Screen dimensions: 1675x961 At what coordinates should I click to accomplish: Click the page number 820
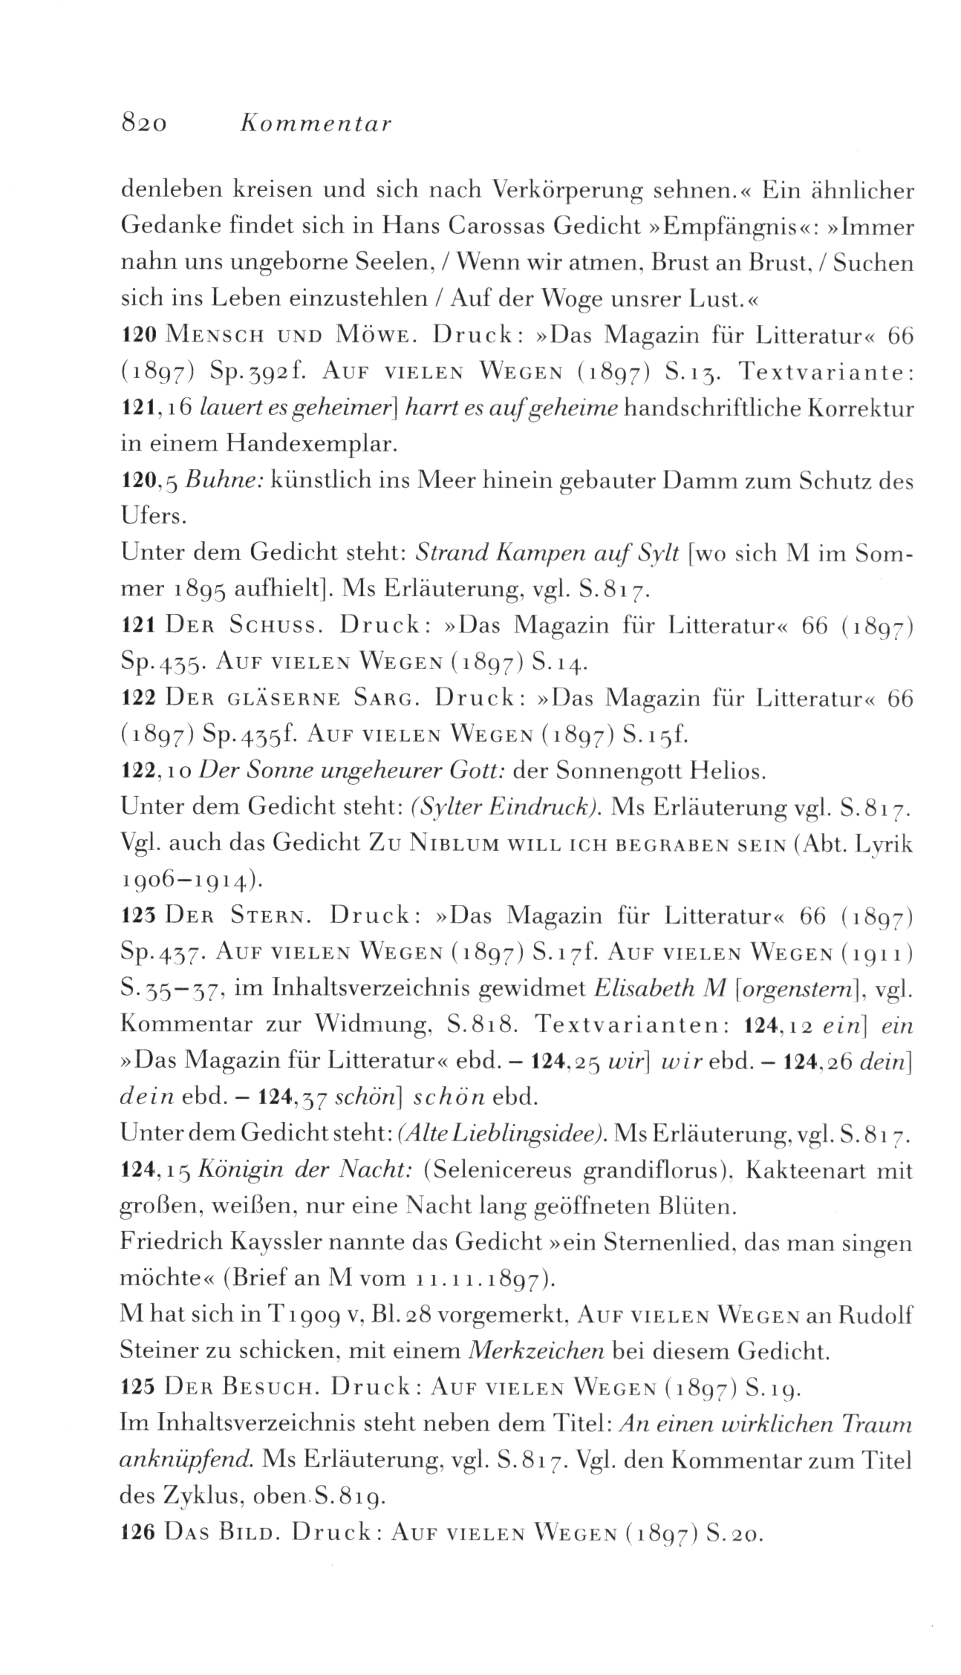tap(144, 124)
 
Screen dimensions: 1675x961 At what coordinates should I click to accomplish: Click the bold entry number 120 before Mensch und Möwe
tap(137, 336)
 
